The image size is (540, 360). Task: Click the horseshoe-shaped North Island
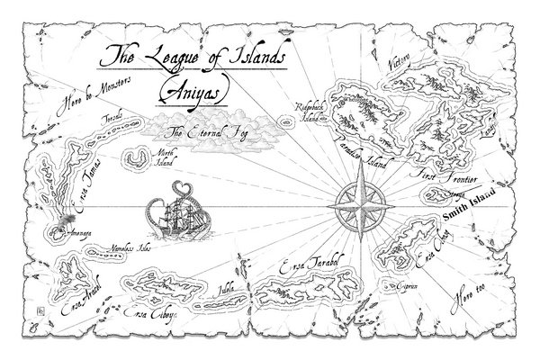click(x=137, y=159)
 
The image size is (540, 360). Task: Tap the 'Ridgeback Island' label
click(x=310, y=112)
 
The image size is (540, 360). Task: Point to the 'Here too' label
click(x=468, y=288)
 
